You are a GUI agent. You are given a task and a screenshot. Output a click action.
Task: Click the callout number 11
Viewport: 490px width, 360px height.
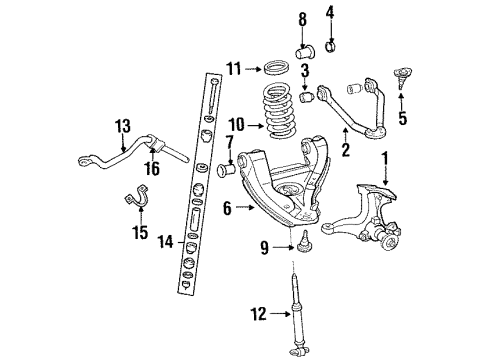[x=234, y=69]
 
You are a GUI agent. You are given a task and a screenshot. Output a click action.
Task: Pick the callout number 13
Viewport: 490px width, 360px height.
[x=122, y=126]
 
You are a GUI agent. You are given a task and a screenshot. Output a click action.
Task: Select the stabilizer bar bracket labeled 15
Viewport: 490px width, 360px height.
[x=133, y=199]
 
